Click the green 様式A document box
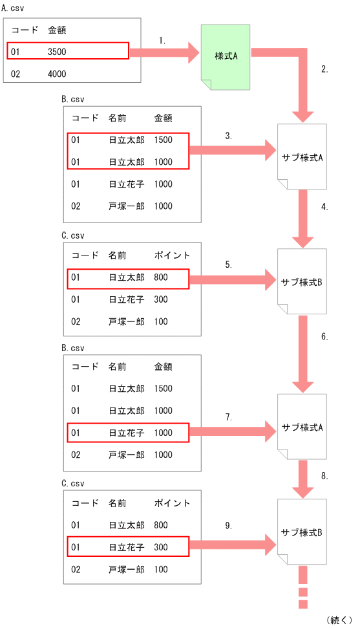[x=226, y=56]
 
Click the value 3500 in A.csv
[x=57, y=51]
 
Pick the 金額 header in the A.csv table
[x=57, y=30]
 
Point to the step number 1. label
[x=162, y=40]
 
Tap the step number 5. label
[x=228, y=265]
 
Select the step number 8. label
[x=324, y=475]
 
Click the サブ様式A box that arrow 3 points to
[x=302, y=157]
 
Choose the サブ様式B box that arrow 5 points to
[x=302, y=281]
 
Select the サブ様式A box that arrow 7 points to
[x=302, y=428]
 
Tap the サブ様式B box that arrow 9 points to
[x=302, y=532]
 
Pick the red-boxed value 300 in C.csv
[x=162, y=547]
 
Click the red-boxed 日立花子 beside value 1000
[x=126, y=432]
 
